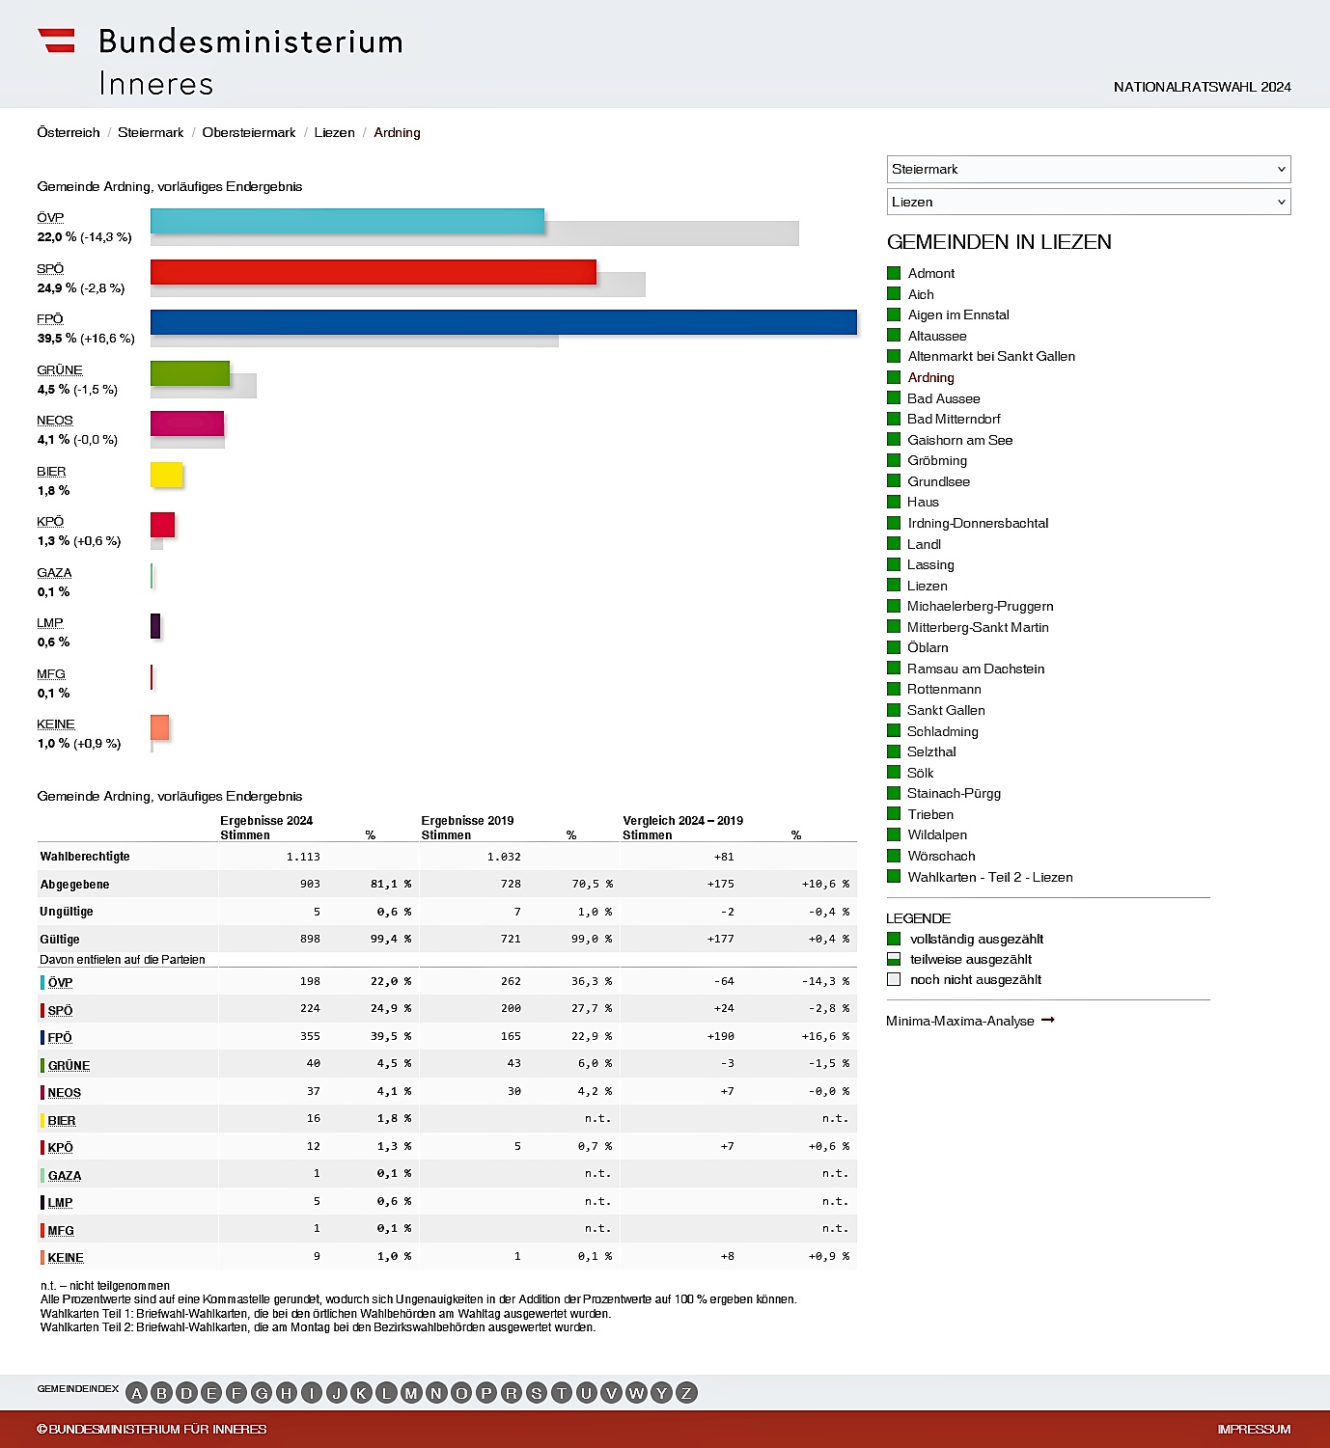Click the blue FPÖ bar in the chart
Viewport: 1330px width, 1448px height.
503,322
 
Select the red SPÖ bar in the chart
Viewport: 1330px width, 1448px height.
373,272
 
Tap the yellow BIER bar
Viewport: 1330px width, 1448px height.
166,475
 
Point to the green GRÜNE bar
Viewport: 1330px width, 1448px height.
190,373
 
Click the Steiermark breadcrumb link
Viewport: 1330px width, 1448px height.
151,133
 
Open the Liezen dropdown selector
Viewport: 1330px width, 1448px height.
1088,202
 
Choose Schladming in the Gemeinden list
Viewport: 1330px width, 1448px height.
942,731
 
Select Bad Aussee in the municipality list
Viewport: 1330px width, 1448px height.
943,398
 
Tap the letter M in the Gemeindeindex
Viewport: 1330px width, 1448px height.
411,1393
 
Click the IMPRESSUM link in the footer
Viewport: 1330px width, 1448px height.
1254,1430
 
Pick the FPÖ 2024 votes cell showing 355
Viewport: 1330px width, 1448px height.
310,1036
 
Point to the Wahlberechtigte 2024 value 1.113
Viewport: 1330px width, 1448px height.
303,857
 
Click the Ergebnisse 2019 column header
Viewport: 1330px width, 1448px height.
467,821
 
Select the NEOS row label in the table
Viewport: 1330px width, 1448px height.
64,1093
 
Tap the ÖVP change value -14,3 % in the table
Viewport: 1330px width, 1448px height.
825,981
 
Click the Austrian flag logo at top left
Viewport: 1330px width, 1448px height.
56,41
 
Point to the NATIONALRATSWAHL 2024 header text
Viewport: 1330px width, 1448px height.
1202,87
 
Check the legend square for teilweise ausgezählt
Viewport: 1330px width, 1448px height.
894,959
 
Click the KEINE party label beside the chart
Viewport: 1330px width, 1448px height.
56,724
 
